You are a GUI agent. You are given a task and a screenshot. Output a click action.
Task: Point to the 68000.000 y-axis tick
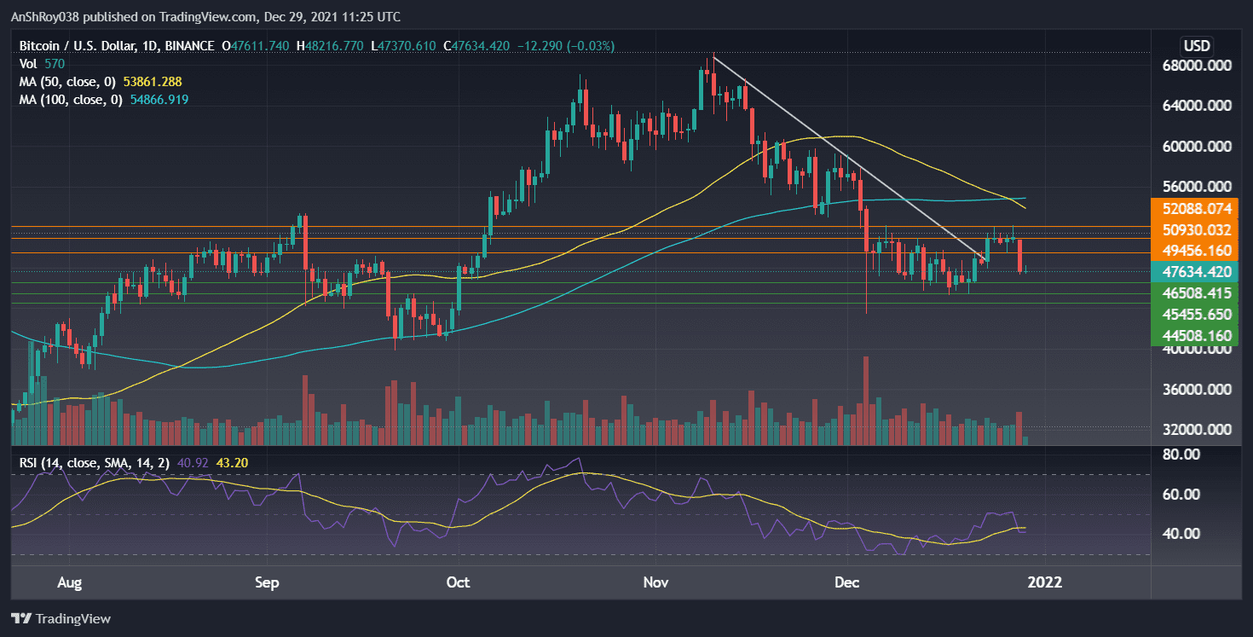[x=1202, y=66]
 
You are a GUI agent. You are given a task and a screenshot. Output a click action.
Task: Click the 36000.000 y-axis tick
[x=1202, y=390]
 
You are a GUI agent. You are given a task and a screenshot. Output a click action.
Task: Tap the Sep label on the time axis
[x=268, y=582]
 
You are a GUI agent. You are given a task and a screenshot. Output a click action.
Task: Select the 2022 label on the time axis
[x=1045, y=582]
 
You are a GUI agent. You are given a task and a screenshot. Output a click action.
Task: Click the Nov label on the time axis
[x=655, y=582]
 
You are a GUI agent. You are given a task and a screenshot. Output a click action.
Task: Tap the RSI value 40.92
[x=184, y=463]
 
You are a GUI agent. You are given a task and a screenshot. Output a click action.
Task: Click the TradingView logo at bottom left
[x=61, y=618]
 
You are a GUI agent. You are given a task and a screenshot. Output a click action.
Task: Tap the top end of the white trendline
[x=713, y=57]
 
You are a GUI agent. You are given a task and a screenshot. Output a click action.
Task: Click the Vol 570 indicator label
[x=41, y=64]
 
